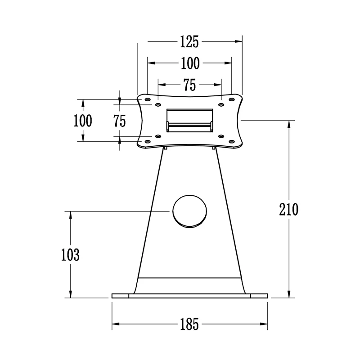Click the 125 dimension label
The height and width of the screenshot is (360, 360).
tap(189, 42)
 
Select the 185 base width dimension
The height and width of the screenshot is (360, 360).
tap(189, 324)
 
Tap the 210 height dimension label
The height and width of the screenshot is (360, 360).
tap(288, 209)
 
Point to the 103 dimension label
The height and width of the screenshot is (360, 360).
tap(70, 255)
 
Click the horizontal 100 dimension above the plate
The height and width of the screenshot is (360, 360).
tap(190, 63)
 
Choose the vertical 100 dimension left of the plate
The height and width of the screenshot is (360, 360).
tap(83, 121)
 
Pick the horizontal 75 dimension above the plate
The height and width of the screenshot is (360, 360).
tap(189, 85)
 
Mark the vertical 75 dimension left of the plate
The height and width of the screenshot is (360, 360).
tap(120, 121)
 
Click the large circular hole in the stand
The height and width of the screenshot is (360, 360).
tap(189, 211)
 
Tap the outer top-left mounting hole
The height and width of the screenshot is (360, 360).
tap(148, 99)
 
